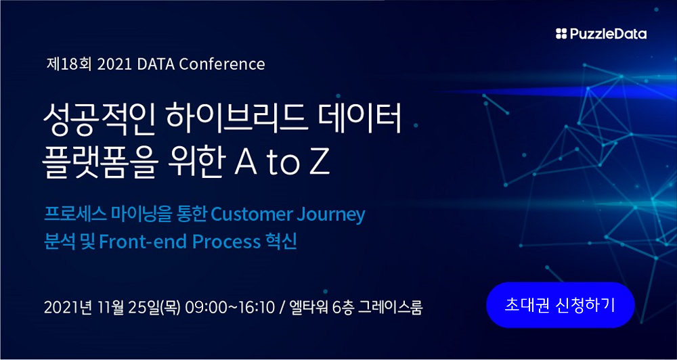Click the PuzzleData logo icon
click(x=561, y=34)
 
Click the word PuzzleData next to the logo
click(x=608, y=34)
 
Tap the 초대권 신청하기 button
click(x=561, y=305)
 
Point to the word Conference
click(x=221, y=64)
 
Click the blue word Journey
click(x=331, y=215)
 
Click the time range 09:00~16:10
click(x=230, y=307)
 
